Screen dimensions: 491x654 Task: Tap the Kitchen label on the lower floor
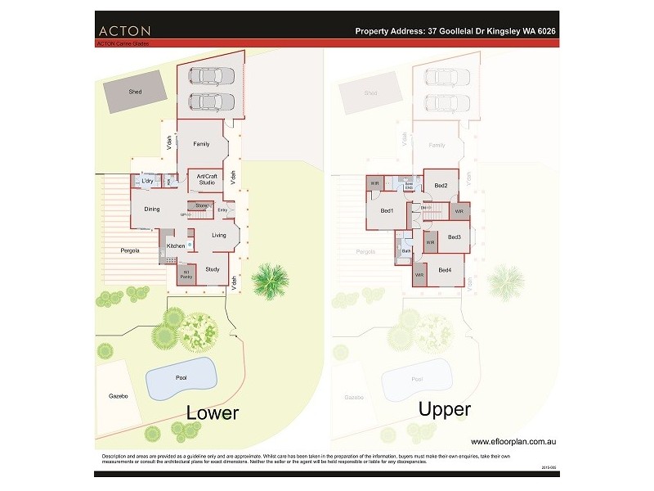click(x=176, y=245)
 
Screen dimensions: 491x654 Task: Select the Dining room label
click(x=152, y=209)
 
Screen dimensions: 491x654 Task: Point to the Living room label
click(x=218, y=236)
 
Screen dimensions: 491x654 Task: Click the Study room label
click(x=212, y=268)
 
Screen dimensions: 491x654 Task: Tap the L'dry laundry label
click(x=148, y=180)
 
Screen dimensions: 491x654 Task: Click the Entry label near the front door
click(x=222, y=210)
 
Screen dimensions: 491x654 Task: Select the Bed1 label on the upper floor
click(x=387, y=211)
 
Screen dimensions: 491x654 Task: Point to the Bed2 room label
click(x=441, y=186)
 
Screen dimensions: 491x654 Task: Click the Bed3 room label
click(x=455, y=237)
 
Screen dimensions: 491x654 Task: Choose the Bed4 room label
click(x=445, y=270)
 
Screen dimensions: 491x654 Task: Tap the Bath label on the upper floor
click(x=405, y=250)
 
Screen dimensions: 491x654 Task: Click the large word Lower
click(x=213, y=412)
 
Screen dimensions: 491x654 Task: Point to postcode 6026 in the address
click(x=544, y=31)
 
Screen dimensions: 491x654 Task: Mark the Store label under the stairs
click(x=200, y=205)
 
